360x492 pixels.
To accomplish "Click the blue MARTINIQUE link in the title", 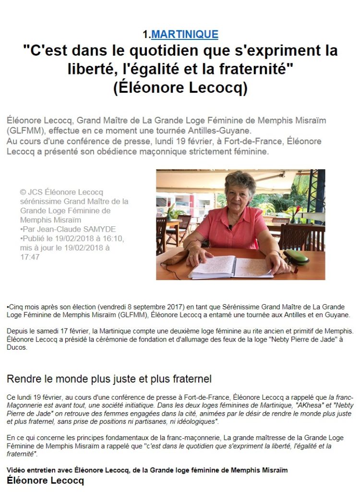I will (185, 34).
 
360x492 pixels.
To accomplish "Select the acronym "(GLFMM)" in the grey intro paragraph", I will (24, 131).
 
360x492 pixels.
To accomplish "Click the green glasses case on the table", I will (297, 256).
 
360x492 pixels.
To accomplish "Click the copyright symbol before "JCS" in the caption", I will (23, 192).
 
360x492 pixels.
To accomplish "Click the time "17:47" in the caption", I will (30, 257).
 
